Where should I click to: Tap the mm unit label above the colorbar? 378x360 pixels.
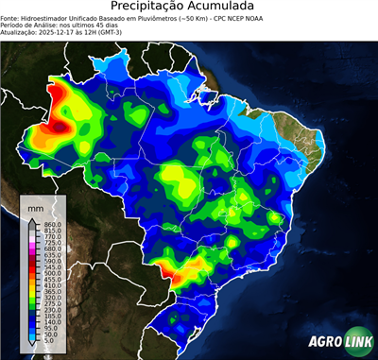tap(35, 205)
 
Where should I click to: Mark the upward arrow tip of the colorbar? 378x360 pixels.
tap(30, 216)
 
